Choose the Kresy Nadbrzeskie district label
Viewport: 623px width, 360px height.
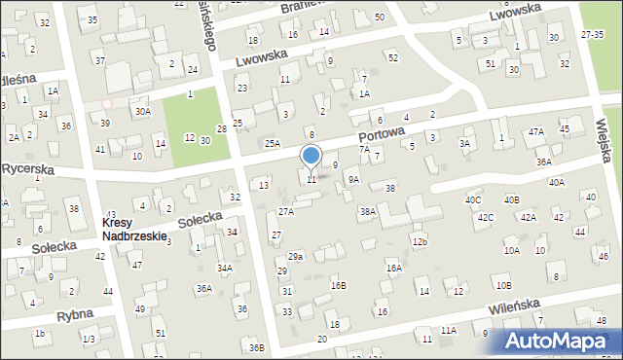click(134, 230)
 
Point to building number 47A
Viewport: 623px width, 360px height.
click(536, 130)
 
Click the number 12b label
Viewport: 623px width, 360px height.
click(419, 241)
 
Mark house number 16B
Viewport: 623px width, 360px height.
click(338, 285)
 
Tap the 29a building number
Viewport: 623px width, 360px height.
click(295, 256)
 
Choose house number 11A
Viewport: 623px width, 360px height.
click(447, 330)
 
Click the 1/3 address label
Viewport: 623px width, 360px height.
click(89, 338)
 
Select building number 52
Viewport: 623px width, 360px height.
click(392, 58)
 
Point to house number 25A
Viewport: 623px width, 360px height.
click(273, 143)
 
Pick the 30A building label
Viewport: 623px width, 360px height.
click(143, 112)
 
